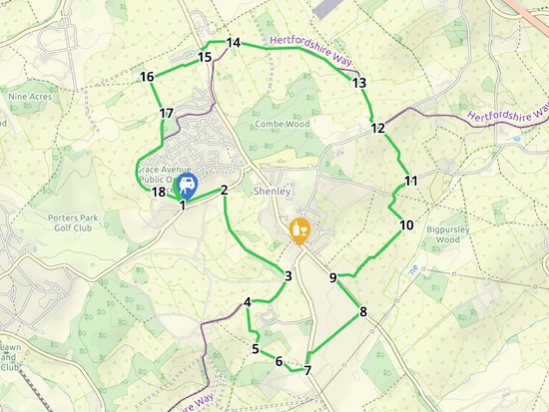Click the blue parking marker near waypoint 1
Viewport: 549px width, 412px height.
tap(186, 186)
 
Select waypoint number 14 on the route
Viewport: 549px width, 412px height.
tap(234, 43)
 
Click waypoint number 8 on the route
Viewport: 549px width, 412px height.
tap(363, 312)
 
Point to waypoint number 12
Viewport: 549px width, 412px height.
tap(377, 128)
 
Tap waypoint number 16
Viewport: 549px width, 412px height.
tap(147, 77)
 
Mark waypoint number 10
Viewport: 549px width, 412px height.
tap(405, 225)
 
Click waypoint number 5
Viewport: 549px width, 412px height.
tap(256, 349)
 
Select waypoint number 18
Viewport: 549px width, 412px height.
tap(157, 193)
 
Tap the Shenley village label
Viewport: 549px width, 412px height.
tap(272, 191)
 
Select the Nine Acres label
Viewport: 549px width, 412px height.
tap(29, 97)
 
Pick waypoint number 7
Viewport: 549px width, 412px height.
tap(307, 370)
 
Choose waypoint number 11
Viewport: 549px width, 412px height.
tap(410, 181)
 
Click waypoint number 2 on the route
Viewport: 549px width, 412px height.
tap(225, 190)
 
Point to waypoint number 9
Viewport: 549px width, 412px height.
tap(333, 278)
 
